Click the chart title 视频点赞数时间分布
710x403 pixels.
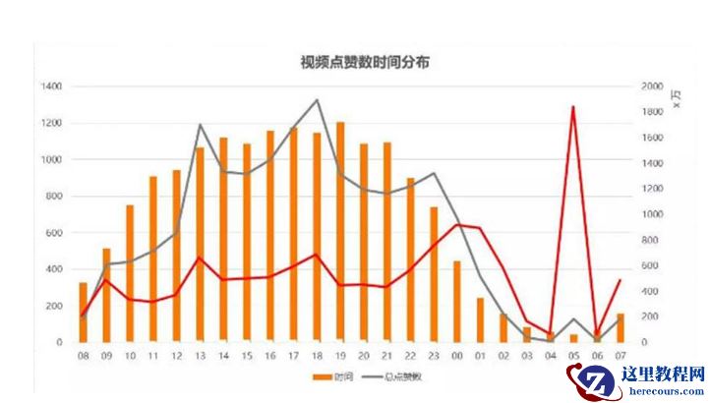[x=364, y=62]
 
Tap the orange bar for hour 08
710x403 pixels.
[x=84, y=312]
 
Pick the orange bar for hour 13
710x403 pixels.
[x=200, y=245]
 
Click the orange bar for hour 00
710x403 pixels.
[x=456, y=301]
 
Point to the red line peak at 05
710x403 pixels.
[x=572, y=107]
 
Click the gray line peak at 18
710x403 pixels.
[x=317, y=100]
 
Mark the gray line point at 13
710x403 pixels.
[x=200, y=125]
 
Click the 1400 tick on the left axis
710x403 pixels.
[x=51, y=87]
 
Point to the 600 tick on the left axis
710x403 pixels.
[x=53, y=233]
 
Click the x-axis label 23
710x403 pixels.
[x=433, y=356]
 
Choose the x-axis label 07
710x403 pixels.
[x=620, y=356]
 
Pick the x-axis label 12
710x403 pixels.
[x=176, y=356]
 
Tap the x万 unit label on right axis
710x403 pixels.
[x=676, y=97]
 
